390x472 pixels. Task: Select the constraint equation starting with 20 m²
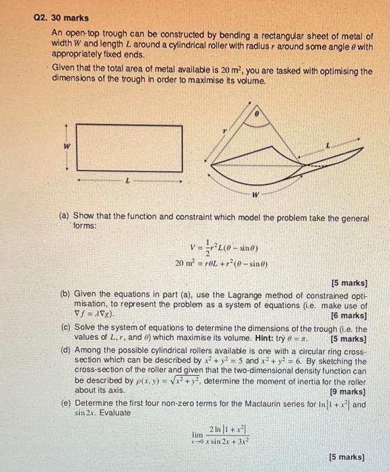217,264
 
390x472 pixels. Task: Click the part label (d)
65,351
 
